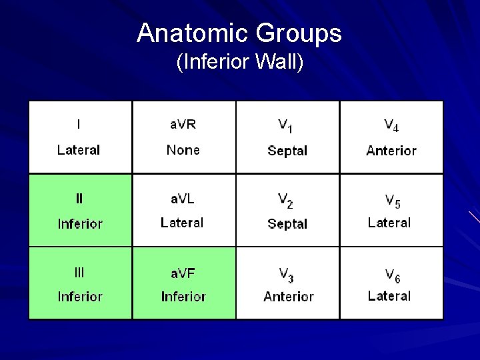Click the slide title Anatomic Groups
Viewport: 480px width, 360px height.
[239, 33]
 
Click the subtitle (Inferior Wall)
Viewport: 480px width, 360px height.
[239, 63]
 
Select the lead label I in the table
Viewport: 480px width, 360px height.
[79, 124]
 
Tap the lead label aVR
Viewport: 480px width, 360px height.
[183, 124]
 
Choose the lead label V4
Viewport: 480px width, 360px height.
[391, 125]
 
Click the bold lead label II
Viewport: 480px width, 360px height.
[79, 198]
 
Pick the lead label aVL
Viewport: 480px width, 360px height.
[182, 198]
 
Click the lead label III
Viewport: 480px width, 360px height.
[79, 271]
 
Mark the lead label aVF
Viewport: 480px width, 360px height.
[183, 271]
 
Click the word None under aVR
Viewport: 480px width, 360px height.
[183, 150]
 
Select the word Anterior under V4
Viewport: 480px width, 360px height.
[391, 151]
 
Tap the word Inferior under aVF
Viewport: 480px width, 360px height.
[183, 297]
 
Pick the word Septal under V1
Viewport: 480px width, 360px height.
[287, 151]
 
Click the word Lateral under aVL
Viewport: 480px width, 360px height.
[182, 223]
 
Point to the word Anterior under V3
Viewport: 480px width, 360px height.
[288, 297]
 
